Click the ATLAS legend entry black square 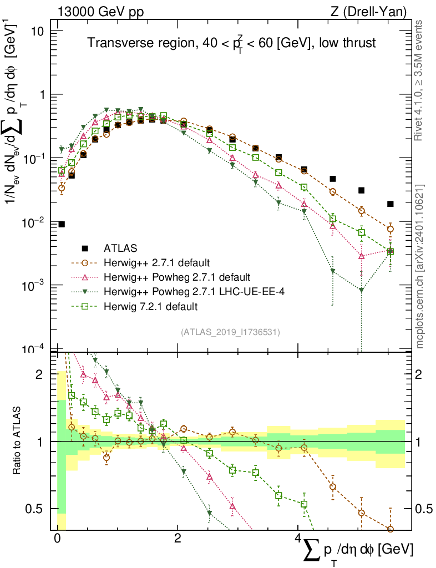click(85, 247)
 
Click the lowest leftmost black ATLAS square click(62, 224)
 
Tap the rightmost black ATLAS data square click(391, 204)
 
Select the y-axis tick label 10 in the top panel click(37, 31)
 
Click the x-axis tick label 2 click(178, 539)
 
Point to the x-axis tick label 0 click(57, 539)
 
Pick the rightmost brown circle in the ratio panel click(391, 529)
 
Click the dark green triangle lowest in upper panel click(361, 290)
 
